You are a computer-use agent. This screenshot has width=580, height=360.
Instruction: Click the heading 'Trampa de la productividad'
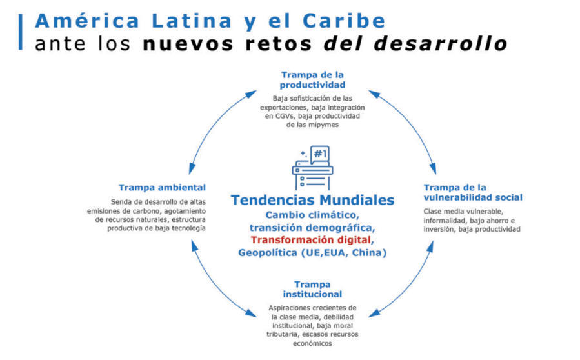(312, 79)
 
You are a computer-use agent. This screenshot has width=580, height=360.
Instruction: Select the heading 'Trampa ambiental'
(162, 188)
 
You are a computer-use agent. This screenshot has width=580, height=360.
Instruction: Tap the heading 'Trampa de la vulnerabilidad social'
(473, 192)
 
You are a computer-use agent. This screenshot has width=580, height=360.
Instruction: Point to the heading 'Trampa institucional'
(312, 289)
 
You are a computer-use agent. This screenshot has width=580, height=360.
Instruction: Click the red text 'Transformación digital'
(311, 240)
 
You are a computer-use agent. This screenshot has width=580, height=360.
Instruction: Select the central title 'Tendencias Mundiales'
(312, 200)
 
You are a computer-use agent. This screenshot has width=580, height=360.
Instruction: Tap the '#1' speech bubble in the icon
(320, 154)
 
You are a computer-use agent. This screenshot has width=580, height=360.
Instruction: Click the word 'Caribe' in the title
(344, 21)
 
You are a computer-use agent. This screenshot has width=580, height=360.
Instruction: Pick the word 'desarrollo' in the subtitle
(440, 44)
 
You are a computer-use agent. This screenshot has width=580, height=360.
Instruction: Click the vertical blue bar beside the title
(21, 32)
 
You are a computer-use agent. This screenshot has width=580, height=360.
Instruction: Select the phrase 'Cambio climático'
(311, 215)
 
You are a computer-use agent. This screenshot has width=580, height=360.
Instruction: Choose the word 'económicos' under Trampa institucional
(312, 343)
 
